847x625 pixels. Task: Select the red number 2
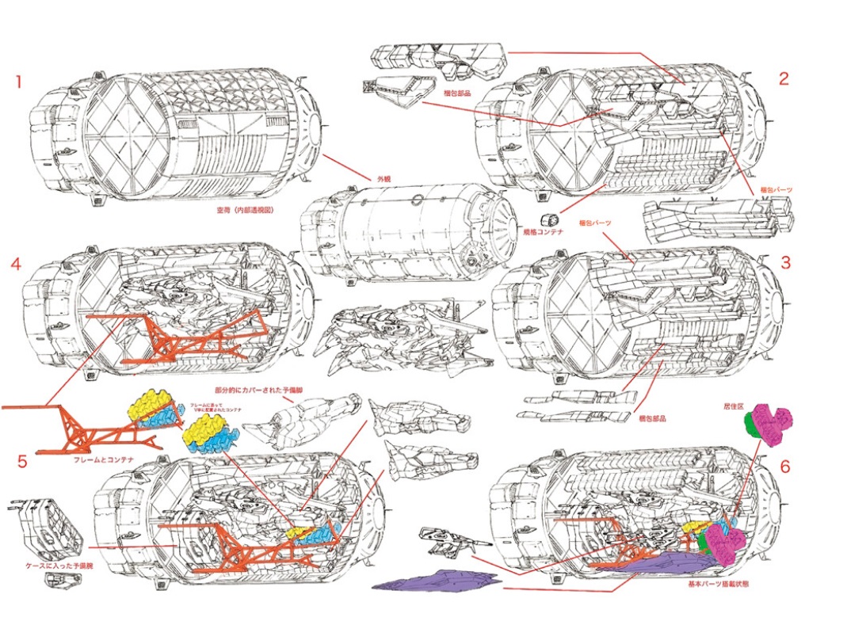tap(784, 78)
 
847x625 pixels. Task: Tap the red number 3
tap(785, 262)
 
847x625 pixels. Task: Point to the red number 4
tap(16, 264)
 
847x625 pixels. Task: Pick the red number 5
tap(22, 461)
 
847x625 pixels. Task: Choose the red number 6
tap(785, 467)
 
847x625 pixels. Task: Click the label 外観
tap(384, 177)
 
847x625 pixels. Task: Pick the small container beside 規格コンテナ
tap(546, 219)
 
